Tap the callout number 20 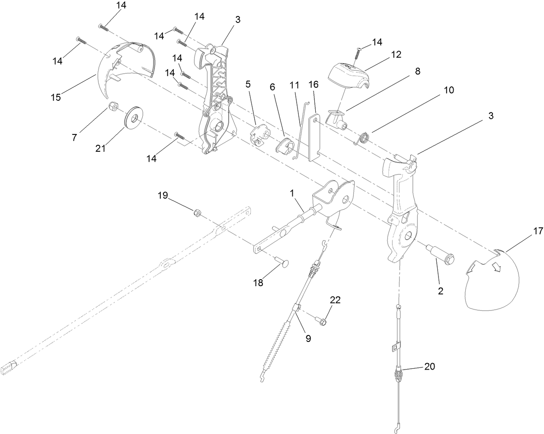[x=429, y=367]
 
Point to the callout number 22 [x=335, y=300]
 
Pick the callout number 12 [x=396, y=54]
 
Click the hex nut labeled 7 [x=114, y=105]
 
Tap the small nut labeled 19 [x=196, y=212]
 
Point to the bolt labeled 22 [x=322, y=321]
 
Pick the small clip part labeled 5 [x=259, y=134]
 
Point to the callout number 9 [x=308, y=338]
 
